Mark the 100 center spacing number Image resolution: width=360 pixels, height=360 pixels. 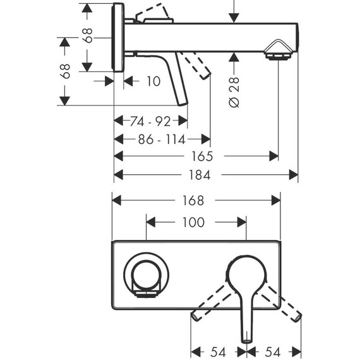[x=193, y=222]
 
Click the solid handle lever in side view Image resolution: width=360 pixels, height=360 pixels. [x=174, y=82]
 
